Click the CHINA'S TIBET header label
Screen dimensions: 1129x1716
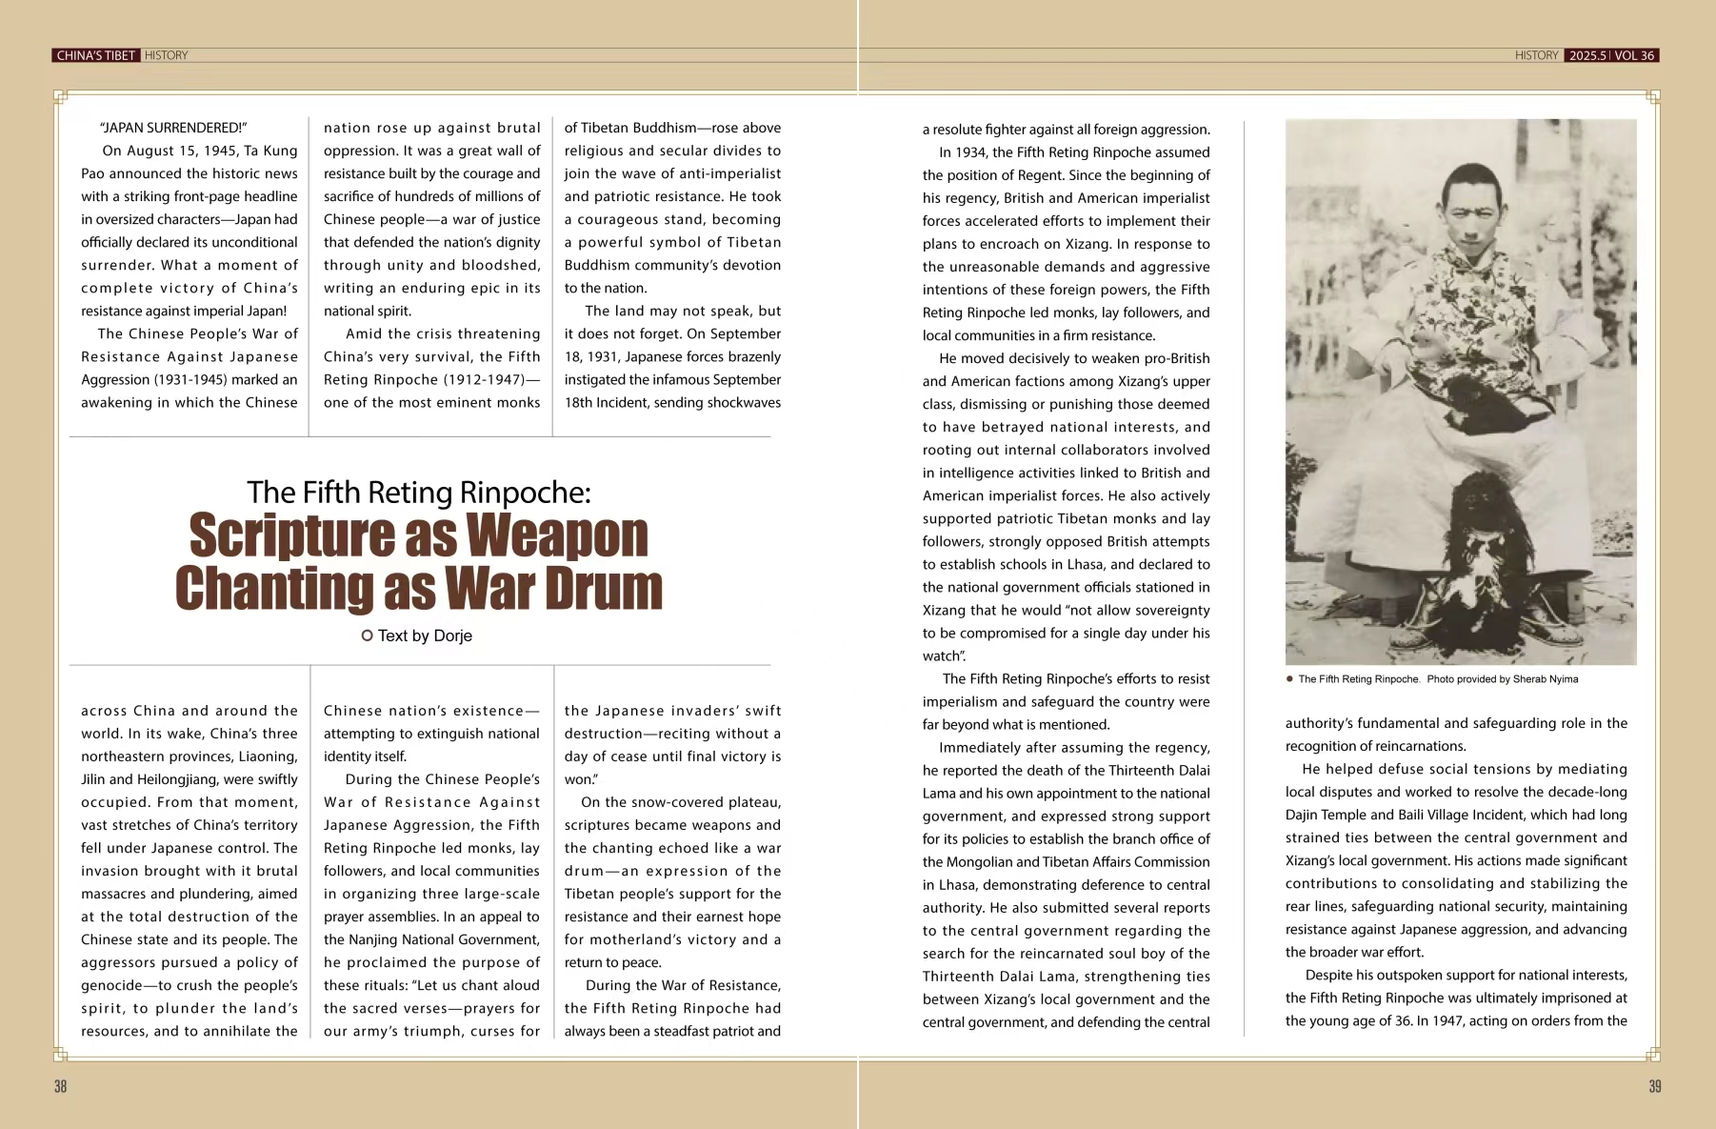[96, 55]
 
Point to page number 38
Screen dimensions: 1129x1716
[60, 1086]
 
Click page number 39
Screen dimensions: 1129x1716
[1655, 1086]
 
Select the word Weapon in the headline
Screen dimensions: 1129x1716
[557, 535]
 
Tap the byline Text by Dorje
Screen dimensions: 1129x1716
[424, 635]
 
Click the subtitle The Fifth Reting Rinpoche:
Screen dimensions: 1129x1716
[419, 492]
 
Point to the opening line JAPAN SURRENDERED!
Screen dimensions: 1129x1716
[173, 128]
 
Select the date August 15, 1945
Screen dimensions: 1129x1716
[180, 151]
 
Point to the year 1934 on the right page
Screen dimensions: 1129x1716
[969, 152]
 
